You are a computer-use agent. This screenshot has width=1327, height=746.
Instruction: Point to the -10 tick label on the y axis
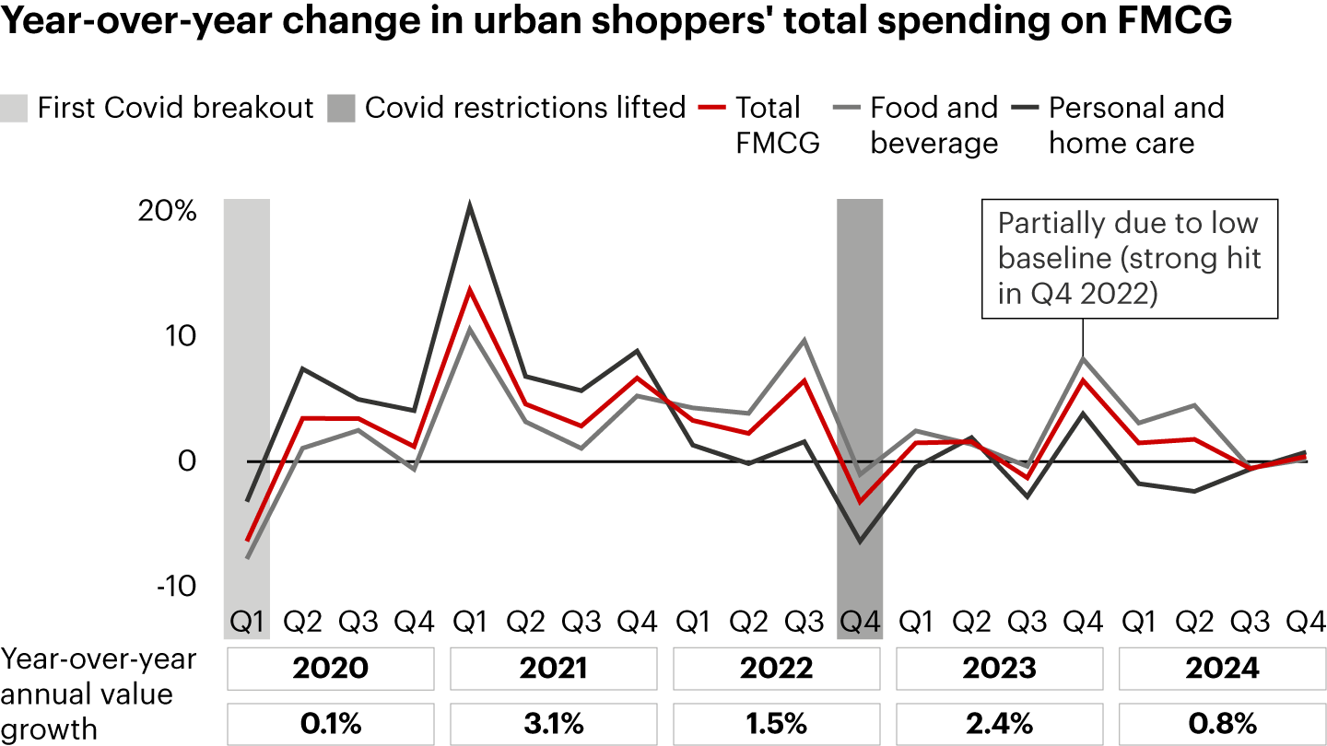coord(174,586)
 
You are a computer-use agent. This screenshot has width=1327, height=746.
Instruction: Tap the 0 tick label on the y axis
coord(186,460)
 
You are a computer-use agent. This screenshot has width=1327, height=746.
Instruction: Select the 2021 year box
coord(554,668)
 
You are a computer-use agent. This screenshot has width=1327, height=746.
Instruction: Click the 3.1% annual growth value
coord(554,723)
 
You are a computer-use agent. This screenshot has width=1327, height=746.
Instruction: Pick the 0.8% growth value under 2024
coord(1222,723)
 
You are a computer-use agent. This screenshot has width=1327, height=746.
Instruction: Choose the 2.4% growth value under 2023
coord(1000,723)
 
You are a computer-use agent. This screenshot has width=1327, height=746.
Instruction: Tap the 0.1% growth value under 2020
coord(331,723)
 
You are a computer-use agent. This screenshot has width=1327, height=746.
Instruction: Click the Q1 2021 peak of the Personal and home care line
coord(470,205)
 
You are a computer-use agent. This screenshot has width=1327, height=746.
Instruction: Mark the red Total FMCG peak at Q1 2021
coord(470,290)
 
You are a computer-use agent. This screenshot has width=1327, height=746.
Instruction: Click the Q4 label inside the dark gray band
coord(859,623)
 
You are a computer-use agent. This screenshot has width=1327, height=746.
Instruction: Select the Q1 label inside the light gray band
coord(247,623)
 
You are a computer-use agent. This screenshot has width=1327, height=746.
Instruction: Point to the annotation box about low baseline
coord(1129,259)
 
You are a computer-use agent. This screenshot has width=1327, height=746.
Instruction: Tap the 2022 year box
coord(777,668)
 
